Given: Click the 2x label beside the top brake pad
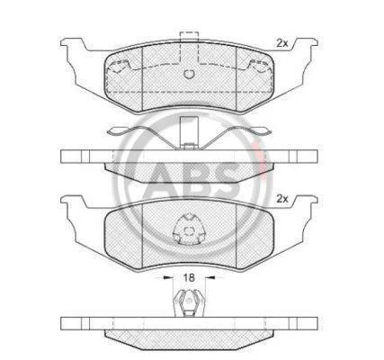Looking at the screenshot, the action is point(281,43).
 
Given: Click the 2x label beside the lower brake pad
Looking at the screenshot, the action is point(281,199).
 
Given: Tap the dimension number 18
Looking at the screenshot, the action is point(189,278).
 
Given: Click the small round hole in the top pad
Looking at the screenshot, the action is point(189,74).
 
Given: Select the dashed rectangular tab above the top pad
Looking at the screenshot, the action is point(189,47).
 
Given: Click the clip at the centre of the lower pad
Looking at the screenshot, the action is point(189,229).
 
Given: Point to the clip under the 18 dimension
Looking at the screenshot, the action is point(189,303).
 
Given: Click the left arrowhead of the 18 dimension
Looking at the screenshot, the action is point(165,278).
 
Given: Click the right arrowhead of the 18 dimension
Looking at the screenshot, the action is point(210,278).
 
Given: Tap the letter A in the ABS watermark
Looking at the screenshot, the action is point(165,178).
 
